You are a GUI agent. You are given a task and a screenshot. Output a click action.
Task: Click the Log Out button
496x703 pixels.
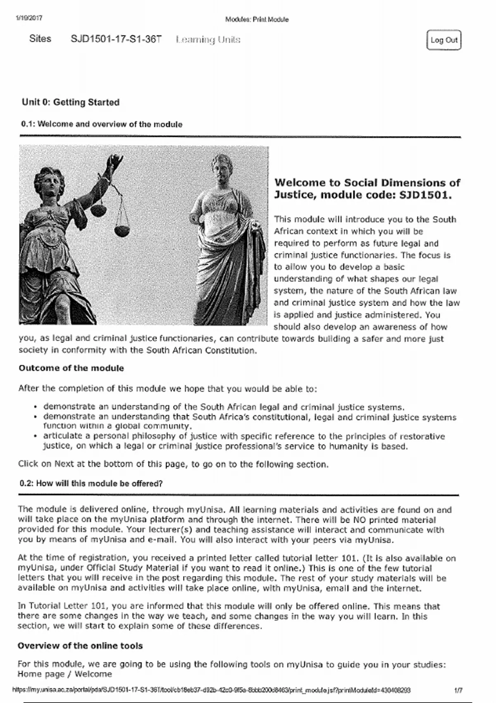444,40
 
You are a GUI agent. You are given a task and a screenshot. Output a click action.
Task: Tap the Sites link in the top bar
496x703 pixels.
40,39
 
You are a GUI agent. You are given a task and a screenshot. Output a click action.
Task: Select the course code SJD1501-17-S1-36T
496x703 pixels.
116,39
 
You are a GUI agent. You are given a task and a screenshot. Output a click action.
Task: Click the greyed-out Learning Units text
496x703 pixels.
208,40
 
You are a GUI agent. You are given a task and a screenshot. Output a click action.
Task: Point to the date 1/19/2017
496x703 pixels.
29,18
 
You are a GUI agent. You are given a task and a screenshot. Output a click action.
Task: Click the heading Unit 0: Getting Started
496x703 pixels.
71,102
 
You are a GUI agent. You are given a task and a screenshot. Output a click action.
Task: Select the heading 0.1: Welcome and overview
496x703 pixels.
102,124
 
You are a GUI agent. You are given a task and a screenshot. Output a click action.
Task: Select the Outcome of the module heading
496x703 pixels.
71,368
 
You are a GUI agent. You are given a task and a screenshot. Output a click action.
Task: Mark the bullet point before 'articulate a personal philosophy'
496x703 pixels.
36,436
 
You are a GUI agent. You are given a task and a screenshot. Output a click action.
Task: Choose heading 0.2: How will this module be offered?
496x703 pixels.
91,483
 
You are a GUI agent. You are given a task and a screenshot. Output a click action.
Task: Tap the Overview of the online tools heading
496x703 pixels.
80,646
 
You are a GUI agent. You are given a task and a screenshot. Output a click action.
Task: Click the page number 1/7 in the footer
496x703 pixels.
458,690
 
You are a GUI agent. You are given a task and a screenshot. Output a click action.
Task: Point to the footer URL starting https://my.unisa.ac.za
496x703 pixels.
212,690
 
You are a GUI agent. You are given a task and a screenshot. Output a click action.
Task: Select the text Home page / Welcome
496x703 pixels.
65,674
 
